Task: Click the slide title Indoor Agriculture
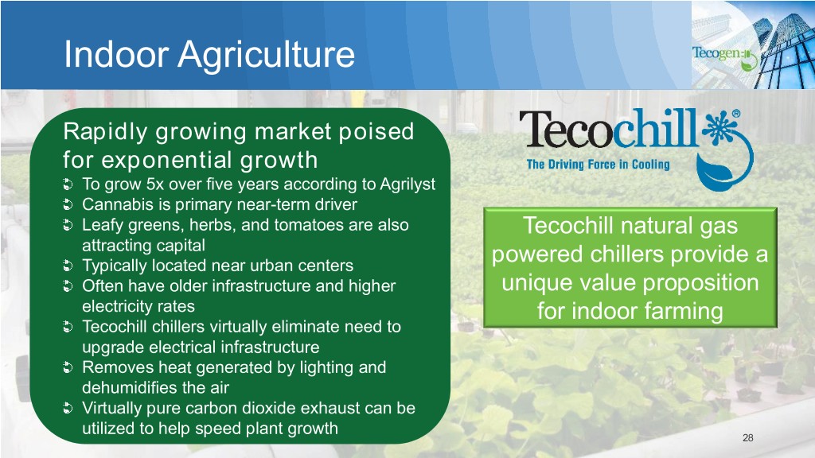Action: tap(209, 55)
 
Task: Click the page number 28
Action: tap(747, 438)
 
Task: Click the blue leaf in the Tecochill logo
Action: tap(714, 174)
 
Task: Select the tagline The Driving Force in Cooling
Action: tap(598, 165)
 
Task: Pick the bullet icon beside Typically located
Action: tap(68, 266)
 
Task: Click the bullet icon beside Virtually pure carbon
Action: tap(68, 409)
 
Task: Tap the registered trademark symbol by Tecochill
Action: tap(736, 114)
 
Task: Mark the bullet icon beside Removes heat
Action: tap(68, 367)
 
